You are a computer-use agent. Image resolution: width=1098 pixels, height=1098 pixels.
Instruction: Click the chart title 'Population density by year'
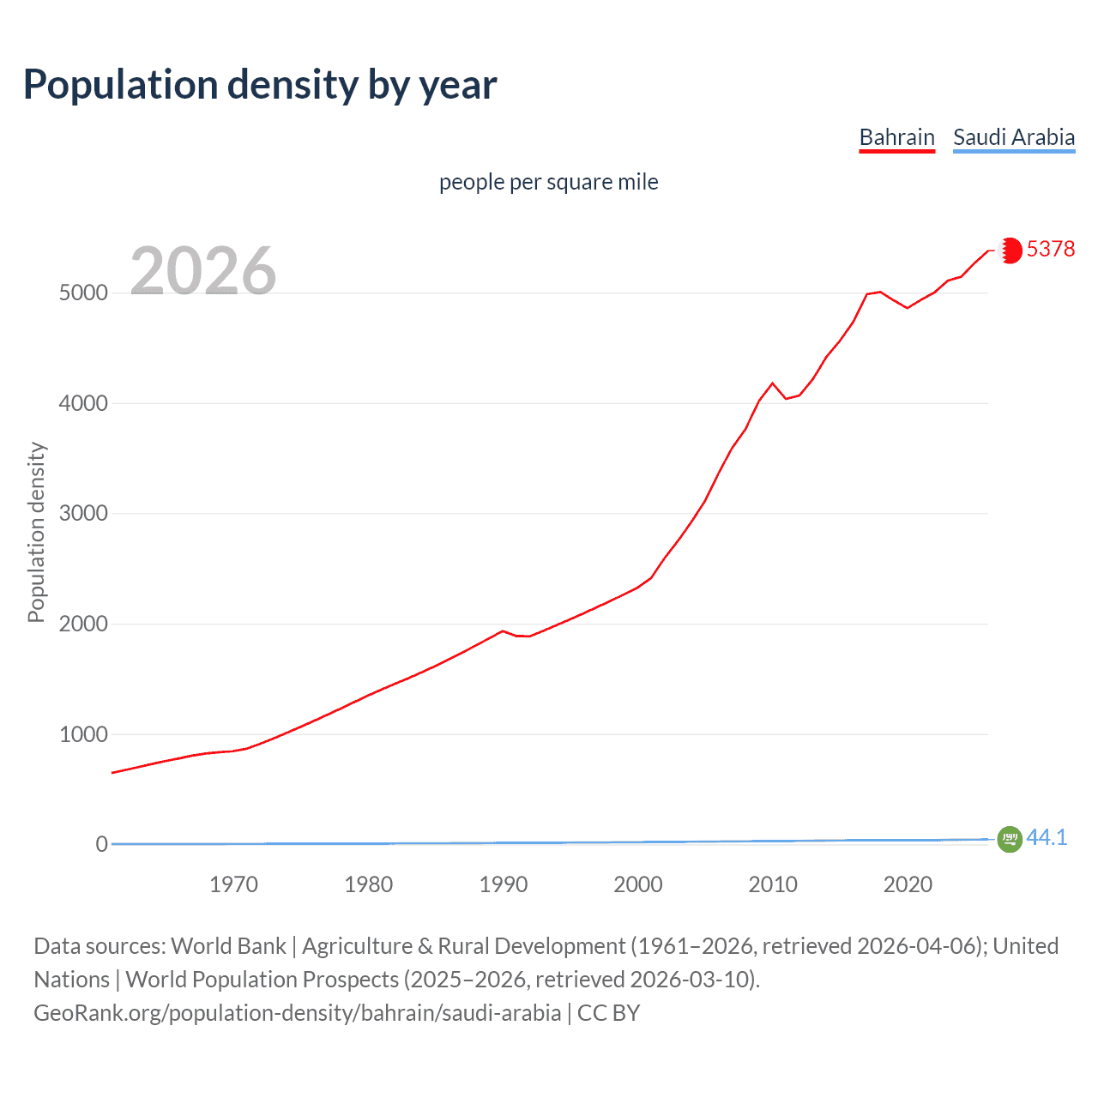[260, 85]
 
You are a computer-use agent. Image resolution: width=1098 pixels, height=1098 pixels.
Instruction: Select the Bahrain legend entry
[896, 137]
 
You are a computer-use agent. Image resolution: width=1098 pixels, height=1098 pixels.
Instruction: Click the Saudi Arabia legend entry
[1013, 137]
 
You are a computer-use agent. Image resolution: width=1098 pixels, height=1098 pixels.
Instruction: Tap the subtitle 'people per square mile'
[548, 182]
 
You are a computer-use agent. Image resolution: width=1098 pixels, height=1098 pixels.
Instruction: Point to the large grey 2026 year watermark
[203, 271]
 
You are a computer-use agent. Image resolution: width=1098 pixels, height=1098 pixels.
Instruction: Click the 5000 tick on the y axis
[83, 293]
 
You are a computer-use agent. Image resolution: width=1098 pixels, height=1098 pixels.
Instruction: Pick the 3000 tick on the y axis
[83, 513]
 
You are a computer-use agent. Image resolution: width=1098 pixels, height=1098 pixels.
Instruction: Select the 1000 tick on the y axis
[83, 734]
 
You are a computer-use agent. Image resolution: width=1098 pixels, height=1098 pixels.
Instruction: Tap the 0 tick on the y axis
[101, 844]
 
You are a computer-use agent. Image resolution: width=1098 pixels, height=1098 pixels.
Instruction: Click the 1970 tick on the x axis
[233, 884]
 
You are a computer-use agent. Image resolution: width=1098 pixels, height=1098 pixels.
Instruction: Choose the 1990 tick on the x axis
[504, 884]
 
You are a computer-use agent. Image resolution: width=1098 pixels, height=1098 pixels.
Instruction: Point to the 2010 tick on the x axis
[773, 884]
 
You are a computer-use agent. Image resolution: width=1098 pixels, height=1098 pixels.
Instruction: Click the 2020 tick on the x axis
[908, 884]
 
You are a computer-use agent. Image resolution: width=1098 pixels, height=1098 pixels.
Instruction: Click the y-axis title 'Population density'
[36, 532]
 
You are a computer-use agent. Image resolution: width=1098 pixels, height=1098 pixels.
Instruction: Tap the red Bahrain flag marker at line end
[1011, 250]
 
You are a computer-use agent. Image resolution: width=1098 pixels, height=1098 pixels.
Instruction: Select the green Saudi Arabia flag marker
[1010, 839]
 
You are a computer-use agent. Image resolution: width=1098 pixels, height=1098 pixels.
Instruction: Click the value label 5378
[1050, 249]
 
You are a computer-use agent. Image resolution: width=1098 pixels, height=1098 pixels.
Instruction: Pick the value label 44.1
[1047, 838]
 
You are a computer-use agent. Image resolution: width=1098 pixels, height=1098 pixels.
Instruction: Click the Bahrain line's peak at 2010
[773, 383]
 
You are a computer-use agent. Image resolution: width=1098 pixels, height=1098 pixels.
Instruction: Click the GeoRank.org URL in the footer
[297, 1013]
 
